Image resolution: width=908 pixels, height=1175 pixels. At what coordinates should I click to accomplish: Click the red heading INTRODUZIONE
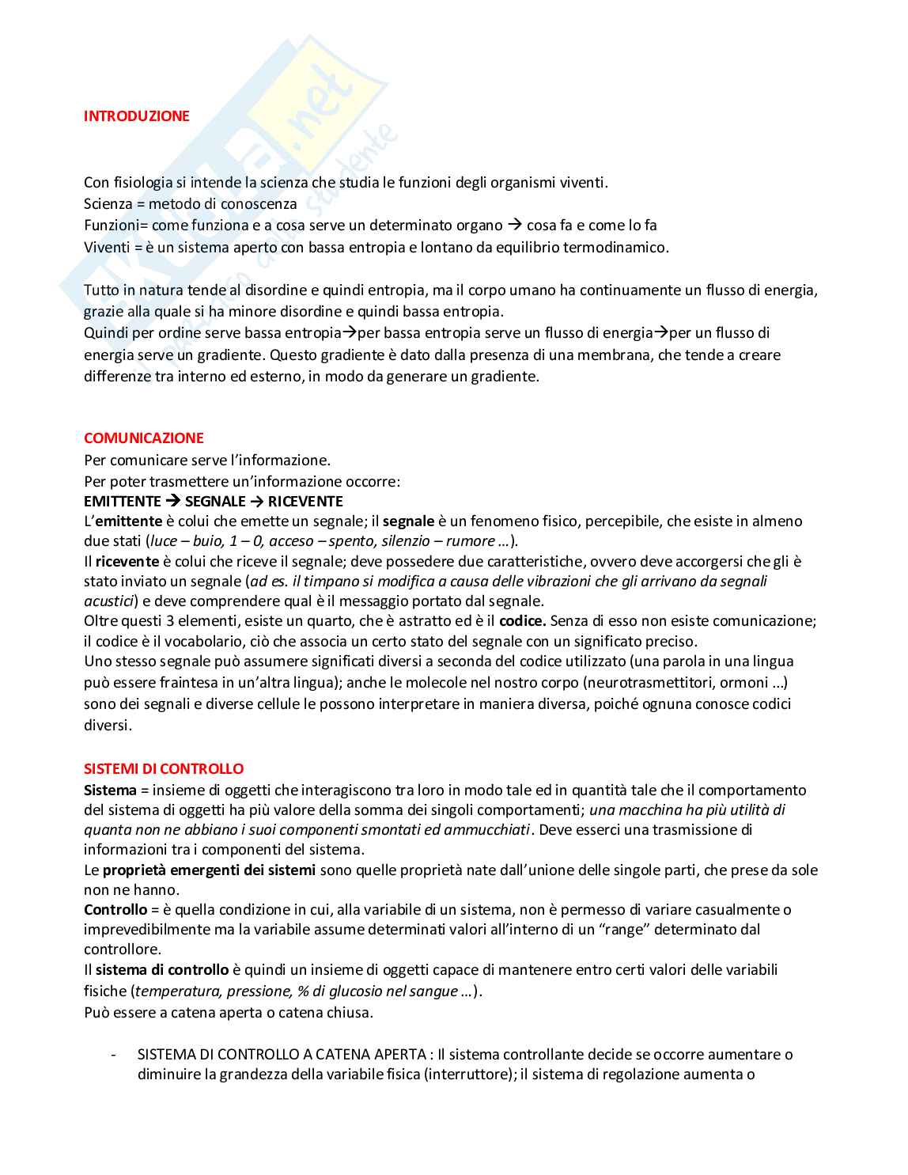[x=137, y=116]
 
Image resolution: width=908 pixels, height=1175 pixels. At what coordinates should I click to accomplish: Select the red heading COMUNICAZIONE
[x=144, y=438]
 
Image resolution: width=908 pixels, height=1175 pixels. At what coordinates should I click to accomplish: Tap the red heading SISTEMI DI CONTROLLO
[x=164, y=769]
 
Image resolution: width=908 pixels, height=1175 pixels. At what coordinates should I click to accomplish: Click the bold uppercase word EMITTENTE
[x=123, y=502]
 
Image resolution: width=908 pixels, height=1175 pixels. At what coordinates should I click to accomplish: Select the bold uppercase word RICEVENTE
[x=305, y=502]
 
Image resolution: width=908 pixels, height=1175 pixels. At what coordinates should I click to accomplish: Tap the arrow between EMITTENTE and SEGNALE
[x=173, y=502]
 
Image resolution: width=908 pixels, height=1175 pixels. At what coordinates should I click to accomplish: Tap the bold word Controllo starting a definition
[x=115, y=910]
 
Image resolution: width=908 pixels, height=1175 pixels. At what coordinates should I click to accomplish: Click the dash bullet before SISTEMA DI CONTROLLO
[x=115, y=1055]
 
